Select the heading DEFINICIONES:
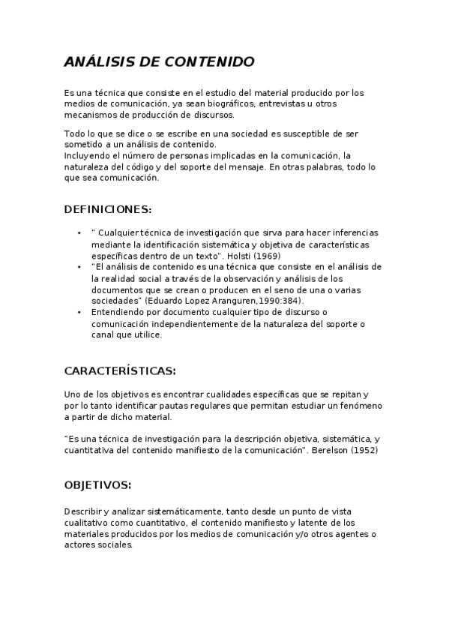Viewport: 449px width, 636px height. pyautogui.click(x=108, y=208)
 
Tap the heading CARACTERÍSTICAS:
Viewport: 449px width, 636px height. pyautogui.click(x=120, y=370)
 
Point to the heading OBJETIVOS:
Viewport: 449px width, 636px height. pyautogui.click(x=98, y=484)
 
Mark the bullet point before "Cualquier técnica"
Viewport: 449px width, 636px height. pyautogui.click(x=79, y=233)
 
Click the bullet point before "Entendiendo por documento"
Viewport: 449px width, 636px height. pyautogui.click(x=79, y=312)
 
